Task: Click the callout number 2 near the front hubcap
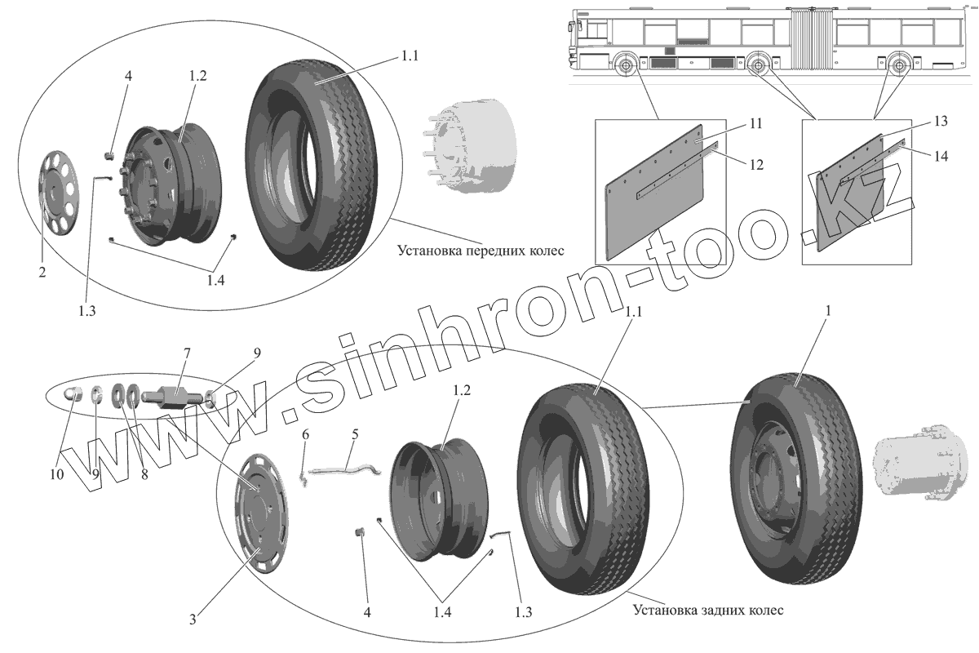tap(42, 273)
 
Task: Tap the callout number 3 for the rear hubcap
tap(193, 620)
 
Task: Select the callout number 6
tap(305, 435)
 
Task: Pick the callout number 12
tap(755, 164)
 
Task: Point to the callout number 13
tap(941, 121)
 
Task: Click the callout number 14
tap(941, 156)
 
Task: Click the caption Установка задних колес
tap(707, 610)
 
